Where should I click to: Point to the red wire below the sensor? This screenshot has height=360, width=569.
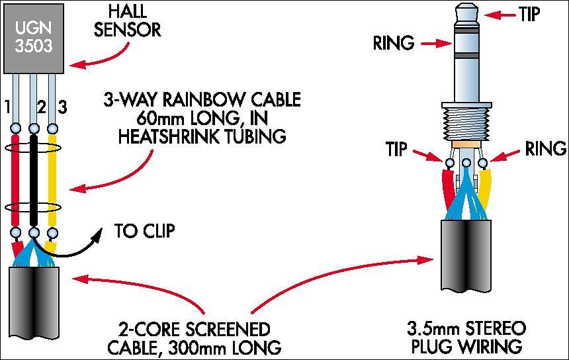tap(15, 179)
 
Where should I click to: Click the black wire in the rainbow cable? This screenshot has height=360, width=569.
tap(32, 179)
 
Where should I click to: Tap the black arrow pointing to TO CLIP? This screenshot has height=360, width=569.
tap(73, 248)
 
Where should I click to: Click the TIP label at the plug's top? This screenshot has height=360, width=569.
tap(529, 15)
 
